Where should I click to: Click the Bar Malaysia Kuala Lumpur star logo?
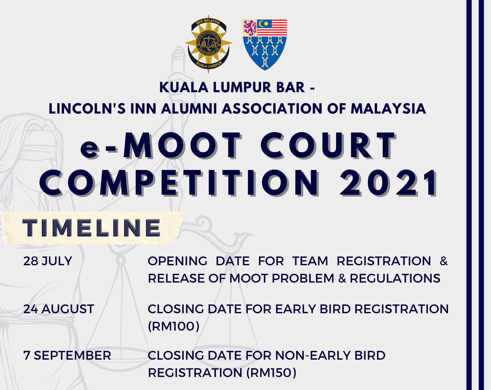click(209, 44)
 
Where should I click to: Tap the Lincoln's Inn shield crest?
click(265, 45)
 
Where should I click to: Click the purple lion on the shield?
click(250, 28)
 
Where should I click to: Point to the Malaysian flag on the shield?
click(272, 28)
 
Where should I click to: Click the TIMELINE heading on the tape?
click(92, 227)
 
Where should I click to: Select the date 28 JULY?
click(48, 261)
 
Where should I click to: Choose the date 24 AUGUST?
click(59, 309)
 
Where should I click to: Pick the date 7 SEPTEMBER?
click(67, 356)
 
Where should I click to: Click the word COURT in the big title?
click(328, 145)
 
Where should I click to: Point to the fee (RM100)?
click(174, 326)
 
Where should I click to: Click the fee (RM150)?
click(271, 373)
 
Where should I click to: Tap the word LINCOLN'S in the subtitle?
click(87, 108)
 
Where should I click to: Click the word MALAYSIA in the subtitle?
click(388, 108)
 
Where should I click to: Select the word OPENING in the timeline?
click(178, 261)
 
